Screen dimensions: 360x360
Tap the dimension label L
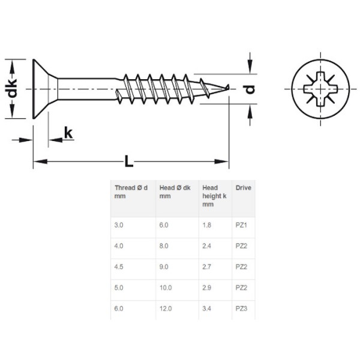click(x=128, y=161)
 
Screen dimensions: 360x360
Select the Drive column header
click(x=243, y=188)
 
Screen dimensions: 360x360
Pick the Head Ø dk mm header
click(x=175, y=192)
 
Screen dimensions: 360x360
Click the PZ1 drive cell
click(x=242, y=226)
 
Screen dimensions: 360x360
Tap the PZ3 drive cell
click(x=242, y=308)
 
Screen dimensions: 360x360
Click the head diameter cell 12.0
click(x=166, y=308)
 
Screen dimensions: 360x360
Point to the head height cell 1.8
click(x=208, y=226)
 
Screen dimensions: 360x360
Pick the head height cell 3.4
click(x=208, y=308)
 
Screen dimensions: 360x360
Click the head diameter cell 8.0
click(x=164, y=246)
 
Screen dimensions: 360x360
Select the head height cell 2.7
click(x=208, y=266)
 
